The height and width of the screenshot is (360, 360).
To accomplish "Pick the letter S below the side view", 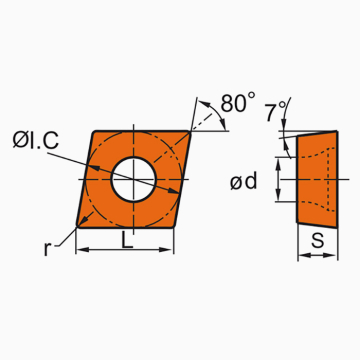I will (x=316, y=241).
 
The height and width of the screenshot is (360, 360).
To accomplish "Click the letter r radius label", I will (x=47, y=248).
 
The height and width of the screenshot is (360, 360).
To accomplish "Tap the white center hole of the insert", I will (x=132, y=177).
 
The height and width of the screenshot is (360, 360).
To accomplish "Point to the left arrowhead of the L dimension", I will (x=80, y=250).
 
